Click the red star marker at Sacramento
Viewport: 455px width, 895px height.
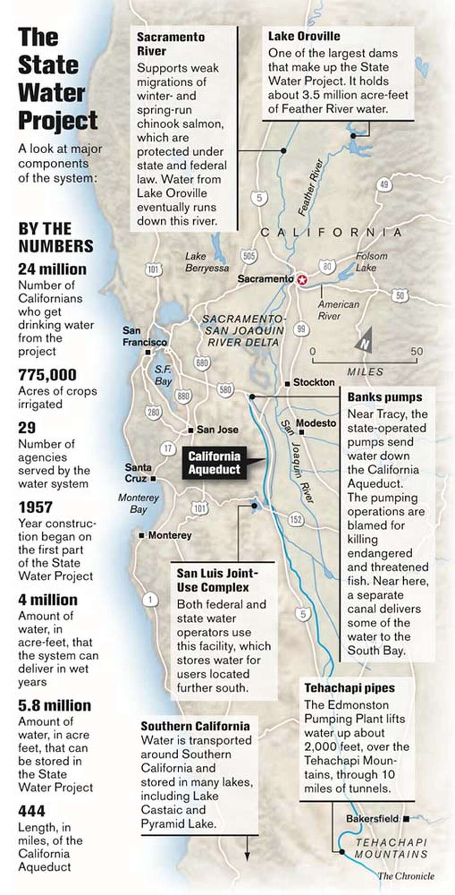click(301, 280)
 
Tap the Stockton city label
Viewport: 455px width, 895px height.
click(313, 382)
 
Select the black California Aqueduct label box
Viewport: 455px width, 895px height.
click(214, 463)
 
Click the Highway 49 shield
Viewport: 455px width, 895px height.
click(383, 184)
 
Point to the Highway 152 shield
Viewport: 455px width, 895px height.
click(296, 520)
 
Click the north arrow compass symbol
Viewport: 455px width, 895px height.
click(364, 343)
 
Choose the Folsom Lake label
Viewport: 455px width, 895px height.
click(372, 261)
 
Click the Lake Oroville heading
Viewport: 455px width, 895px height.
click(304, 36)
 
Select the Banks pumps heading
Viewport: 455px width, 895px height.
click(384, 397)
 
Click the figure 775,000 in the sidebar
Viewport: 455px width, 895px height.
click(47, 375)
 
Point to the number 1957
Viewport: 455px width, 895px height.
click(35, 507)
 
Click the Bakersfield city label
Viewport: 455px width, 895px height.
click(372, 819)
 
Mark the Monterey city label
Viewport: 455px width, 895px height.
click(170, 535)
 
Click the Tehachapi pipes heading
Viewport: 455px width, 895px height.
click(349, 688)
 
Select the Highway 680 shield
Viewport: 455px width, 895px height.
click(201, 364)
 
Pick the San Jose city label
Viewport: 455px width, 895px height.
click(217, 429)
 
